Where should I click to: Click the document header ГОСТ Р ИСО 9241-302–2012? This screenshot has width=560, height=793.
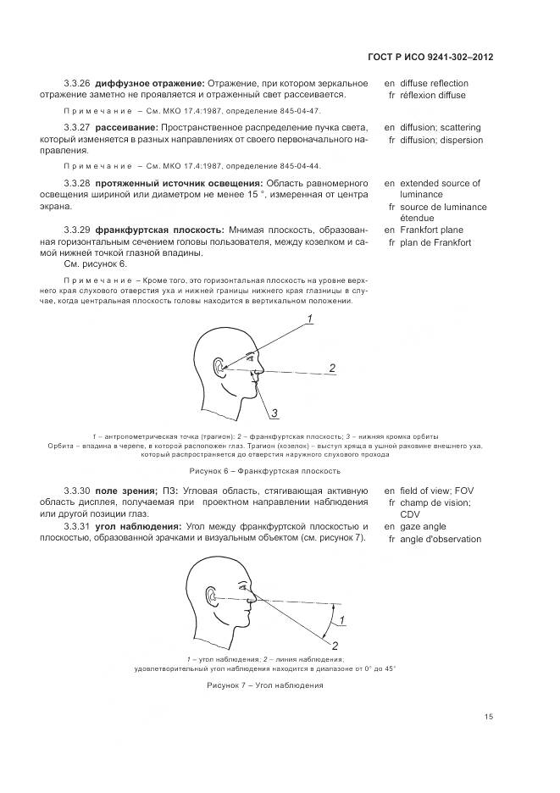point(432,57)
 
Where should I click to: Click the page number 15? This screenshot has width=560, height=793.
point(489,717)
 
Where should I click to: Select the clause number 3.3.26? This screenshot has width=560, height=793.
point(76,84)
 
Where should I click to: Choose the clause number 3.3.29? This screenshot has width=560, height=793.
point(76,230)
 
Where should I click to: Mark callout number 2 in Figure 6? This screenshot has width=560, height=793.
point(332,368)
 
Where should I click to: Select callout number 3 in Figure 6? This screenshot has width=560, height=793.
point(275,413)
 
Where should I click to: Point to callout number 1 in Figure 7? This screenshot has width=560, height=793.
point(341,624)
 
